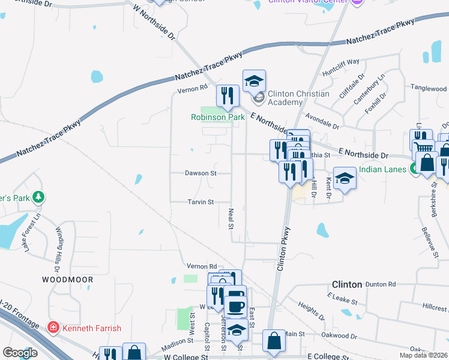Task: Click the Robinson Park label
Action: click(x=218, y=117)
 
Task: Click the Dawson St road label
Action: click(x=200, y=173)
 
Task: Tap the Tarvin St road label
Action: click(x=201, y=202)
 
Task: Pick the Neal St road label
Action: click(x=231, y=218)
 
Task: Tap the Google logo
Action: click(x=20, y=353)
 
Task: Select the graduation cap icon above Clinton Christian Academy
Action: click(x=254, y=80)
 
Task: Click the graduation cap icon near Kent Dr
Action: click(x=345, y=177)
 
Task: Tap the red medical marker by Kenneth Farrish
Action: click(x=53, y=328)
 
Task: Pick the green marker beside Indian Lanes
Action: click(x=414, y=170)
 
